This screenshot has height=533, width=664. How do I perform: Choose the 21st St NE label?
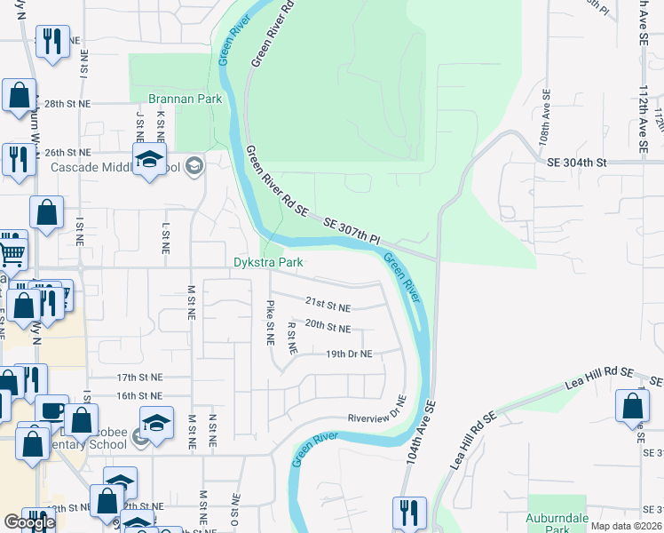point(328,307)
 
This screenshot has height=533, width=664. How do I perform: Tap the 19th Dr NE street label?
point(348,354)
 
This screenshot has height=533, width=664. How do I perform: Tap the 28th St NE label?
point(67,104)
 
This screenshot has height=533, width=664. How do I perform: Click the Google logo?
point(29,522)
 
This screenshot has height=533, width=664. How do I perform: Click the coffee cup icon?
point(51,411)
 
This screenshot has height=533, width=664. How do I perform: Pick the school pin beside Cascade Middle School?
point(149,161)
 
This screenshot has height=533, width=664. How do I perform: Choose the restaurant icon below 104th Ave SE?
point(409,513)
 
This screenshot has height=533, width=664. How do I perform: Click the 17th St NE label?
point(139,378)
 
